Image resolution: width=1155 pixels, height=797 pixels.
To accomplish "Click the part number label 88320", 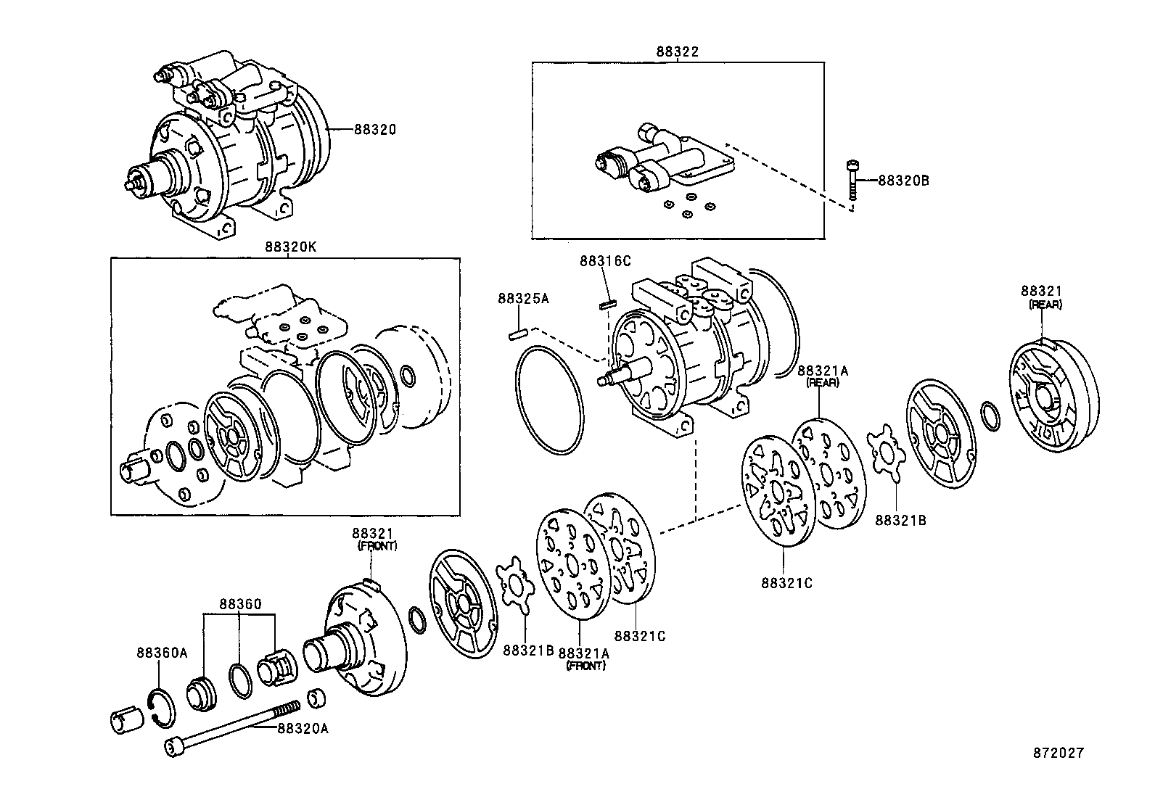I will [x=375, y=130].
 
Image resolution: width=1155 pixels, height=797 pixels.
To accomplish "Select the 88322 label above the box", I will [x=677, y=52].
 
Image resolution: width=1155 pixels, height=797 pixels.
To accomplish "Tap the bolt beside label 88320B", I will [x=852, y=181].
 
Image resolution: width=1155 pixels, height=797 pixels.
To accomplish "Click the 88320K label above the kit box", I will [x=289, y=247].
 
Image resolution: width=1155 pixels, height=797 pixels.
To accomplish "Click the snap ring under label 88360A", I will [x=162, y=706].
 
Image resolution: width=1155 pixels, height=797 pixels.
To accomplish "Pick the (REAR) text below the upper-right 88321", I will [x=1045, y=305].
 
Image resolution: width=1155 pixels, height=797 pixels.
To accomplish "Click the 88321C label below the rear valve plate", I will [x=787, y=582].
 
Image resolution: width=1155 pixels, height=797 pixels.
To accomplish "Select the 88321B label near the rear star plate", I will [x=900, y=520].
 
